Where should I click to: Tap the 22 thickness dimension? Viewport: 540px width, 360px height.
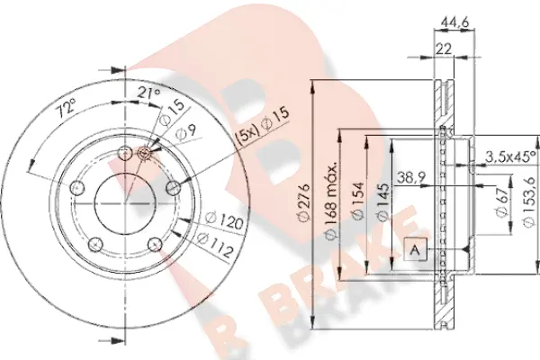click(444, 49)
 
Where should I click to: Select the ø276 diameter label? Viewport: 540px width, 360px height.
click(304, 203)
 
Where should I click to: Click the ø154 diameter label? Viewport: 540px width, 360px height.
click(357, 201)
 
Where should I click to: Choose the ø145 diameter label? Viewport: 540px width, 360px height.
click(383, 202)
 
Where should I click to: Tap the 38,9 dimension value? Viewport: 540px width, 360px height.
click(411, 178)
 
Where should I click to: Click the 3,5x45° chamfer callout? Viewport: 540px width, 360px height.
click(510, 157)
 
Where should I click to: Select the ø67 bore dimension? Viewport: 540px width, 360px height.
click(502, 202)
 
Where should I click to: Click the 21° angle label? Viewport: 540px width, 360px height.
click(149, 93)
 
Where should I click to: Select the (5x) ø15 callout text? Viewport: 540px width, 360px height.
click(262, 126)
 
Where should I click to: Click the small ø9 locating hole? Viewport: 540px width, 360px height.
click(144, 153)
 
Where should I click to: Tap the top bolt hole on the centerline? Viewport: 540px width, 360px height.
click(125, 153)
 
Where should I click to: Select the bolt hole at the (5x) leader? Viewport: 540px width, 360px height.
click(173, 188)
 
